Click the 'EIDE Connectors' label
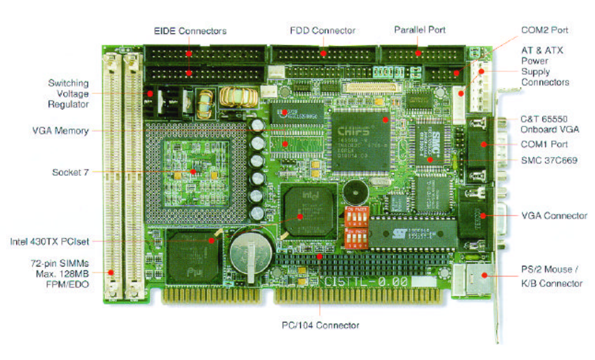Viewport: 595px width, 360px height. click(x=190, y=31)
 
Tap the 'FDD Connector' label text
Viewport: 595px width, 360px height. click(x=323, y=30)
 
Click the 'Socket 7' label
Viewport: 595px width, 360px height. click(x=70, y=172)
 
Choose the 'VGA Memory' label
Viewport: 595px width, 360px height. click(x=61, y=131)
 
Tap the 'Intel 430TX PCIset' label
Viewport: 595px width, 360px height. click(x=49, y=241)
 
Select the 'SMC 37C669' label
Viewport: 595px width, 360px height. click(x=549, y=159)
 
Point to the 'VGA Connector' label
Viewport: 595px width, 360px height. click(x=554, y=215)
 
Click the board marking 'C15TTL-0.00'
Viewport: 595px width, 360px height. click(x=366, y=282)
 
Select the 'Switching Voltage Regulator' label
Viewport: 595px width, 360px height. click(x=68, y=94)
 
